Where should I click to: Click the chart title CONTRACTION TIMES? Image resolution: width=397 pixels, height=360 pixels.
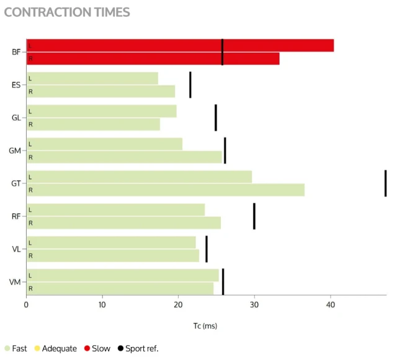(x=67, y=12)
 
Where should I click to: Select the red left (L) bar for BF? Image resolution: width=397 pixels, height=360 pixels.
(x=181, y=45)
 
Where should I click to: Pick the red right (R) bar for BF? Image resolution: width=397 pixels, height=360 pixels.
(x=153, y=59)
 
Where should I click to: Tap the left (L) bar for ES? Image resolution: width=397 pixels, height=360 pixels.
(x=92, y=78)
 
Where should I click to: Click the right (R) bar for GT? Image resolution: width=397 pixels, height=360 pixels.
(x=166, y=190)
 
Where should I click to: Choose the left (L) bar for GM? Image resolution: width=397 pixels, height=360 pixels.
(x=105, y=144)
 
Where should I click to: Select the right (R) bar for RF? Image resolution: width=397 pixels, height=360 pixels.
(x=124, y=223)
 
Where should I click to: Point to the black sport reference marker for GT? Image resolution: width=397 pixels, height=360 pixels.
(x=386, y=183)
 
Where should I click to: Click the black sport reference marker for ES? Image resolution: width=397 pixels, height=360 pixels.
(x=190, y=85)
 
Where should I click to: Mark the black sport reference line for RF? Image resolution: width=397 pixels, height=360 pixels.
(x=254, y=216)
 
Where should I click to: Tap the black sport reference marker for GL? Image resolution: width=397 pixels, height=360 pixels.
(x=216, y=118)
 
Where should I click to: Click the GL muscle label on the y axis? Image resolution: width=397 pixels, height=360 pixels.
(x=16, y=118)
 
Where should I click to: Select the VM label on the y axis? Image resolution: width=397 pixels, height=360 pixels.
(x=15, y=282)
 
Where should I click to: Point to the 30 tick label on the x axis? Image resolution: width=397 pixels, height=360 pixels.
(x=254, y=305)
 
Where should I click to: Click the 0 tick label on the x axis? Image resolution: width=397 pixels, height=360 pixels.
(x=26, y=305)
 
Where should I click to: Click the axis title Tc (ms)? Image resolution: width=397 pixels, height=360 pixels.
(x=205, y=326)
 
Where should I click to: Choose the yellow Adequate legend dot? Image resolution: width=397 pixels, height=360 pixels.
(x=37, y=348)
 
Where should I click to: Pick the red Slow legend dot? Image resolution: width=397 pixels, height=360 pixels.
(x=87, y=348)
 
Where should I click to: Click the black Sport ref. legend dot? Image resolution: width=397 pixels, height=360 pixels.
(x=120, y=348)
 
